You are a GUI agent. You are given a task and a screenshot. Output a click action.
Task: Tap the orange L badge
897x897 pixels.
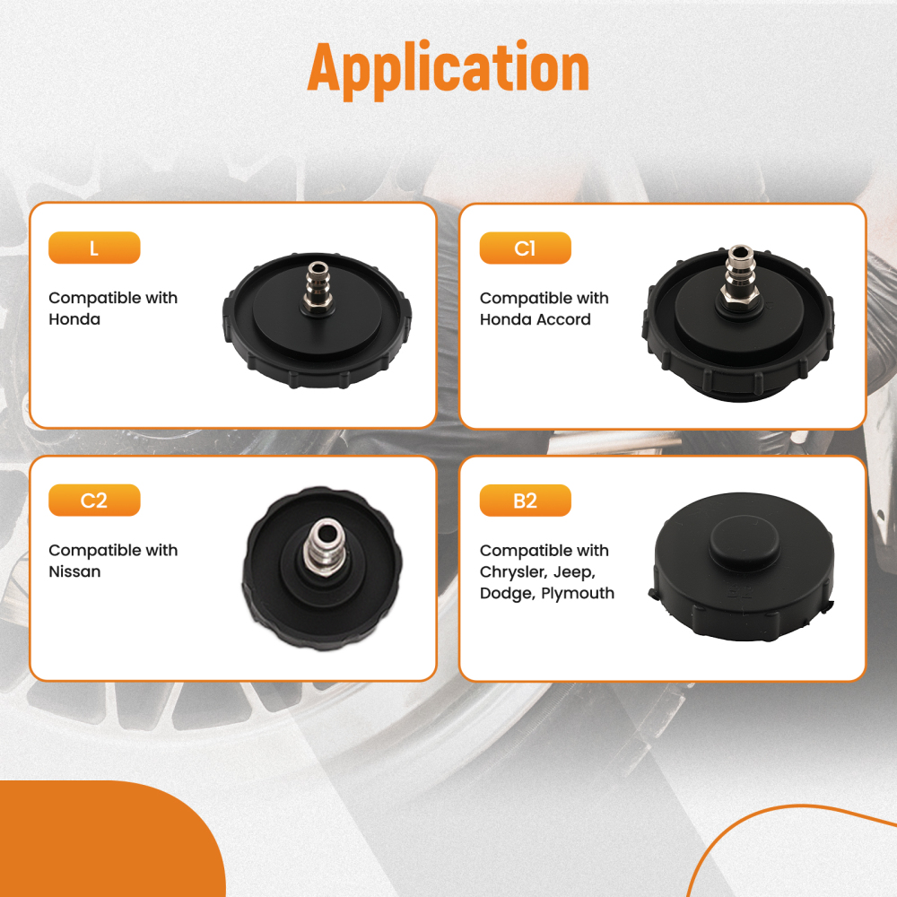tap(94, 248)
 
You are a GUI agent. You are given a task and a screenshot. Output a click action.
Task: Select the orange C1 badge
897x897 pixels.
tap(525, 248)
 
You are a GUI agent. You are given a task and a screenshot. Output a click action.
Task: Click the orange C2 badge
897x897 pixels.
tap(94, 501)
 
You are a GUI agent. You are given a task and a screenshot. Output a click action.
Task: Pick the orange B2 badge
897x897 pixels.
tap(525, 501)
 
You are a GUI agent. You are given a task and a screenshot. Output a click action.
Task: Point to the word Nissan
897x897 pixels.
tap(74, 571)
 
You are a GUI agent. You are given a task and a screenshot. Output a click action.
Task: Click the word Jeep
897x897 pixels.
tap(574, 572)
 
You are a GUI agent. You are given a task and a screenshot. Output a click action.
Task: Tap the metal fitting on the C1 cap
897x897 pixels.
tap(738, 274)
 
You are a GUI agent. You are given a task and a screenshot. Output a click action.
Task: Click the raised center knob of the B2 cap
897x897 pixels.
tap(745, 537)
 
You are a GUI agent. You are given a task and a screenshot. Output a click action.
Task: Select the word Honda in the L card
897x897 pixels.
tap(74, 319)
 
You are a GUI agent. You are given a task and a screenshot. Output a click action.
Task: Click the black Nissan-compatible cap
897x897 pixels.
tap(321, 569)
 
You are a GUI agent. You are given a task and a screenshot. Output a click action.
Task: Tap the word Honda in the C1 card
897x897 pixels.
tap(505, 319)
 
